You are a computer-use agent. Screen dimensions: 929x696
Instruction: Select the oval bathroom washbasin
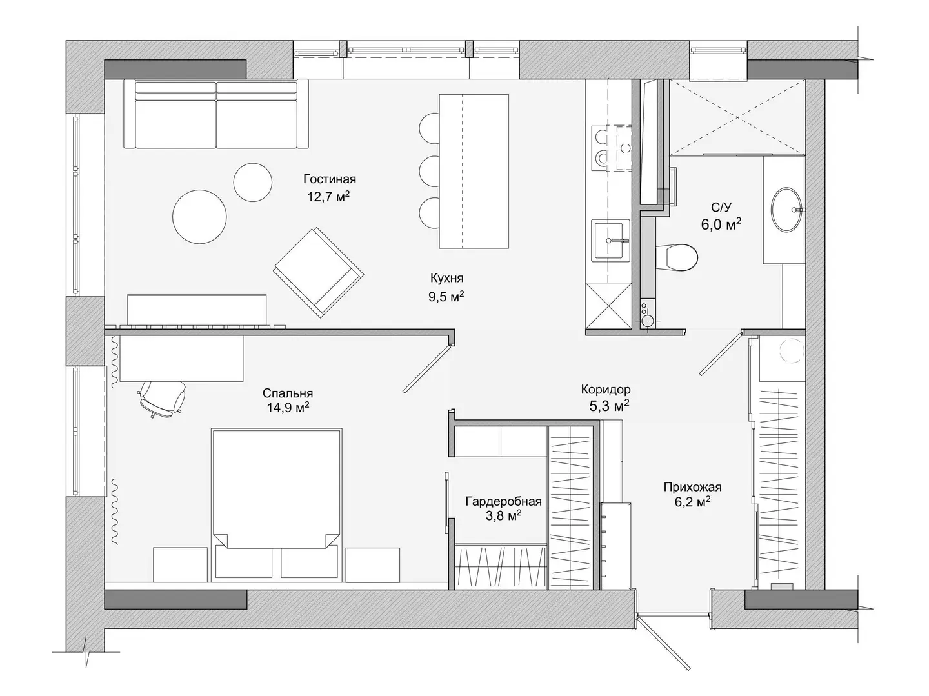(787, 210)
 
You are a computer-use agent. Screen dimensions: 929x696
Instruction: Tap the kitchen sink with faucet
(610, 241)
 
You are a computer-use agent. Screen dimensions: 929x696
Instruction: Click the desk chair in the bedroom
(163, 398)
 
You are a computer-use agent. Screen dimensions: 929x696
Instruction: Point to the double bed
(276, 504)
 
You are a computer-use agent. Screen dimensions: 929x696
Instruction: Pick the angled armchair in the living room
(318, 272)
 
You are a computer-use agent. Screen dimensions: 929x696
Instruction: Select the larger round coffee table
(199, 217)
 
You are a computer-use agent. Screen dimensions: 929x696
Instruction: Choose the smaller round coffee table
(253, 183)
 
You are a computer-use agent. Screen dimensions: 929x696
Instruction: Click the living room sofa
(216, 114)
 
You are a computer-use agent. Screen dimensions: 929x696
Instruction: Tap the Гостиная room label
(330, 179)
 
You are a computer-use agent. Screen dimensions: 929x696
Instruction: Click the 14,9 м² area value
(288, 408)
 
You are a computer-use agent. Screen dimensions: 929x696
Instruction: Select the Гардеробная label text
(504, 501)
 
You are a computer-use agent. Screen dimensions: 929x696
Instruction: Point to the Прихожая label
(692, 487)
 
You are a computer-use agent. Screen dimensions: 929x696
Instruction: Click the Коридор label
(606, 389)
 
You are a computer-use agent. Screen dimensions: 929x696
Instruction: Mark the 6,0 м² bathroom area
(721, 224)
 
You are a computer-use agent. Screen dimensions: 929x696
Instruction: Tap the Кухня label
(447, 278)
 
